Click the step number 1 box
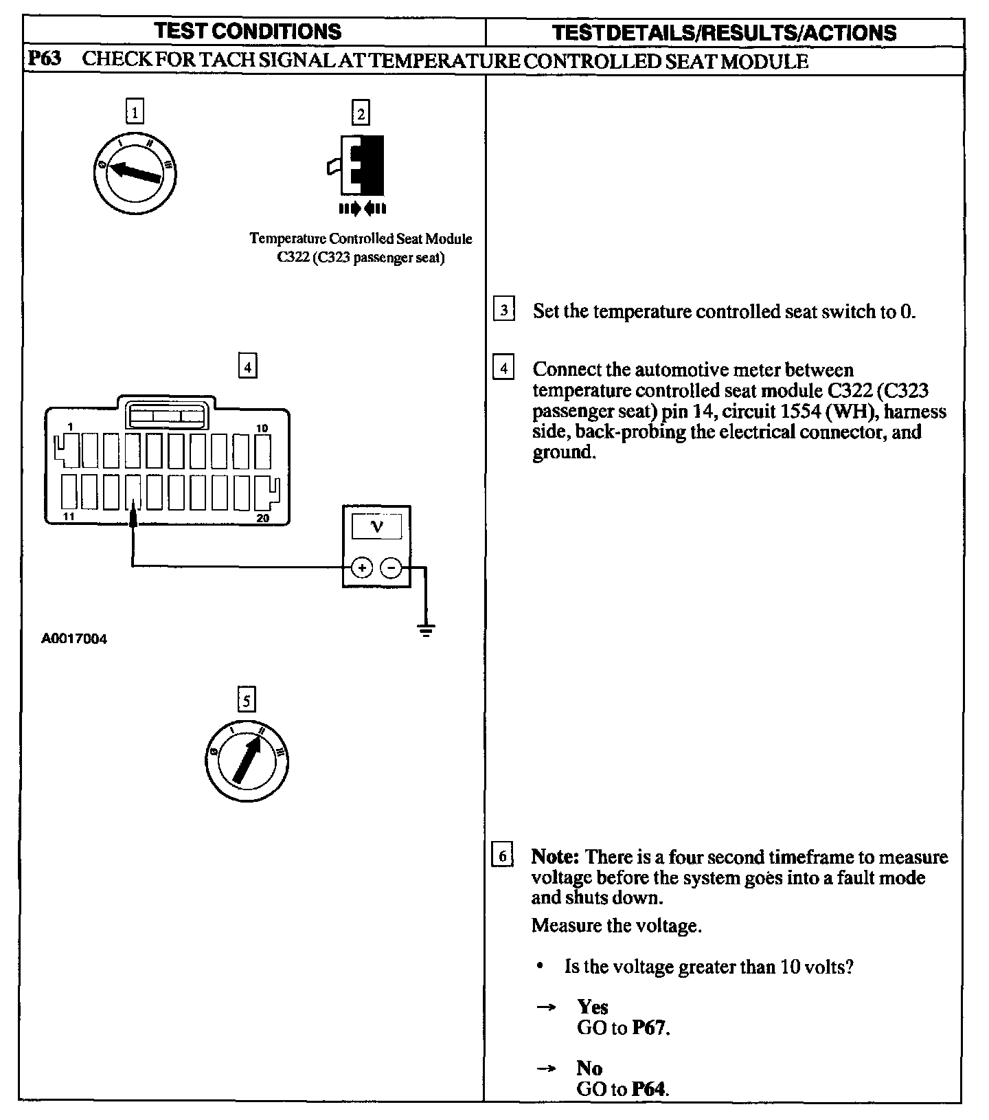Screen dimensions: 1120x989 [135, 111]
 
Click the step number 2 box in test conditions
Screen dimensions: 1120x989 [361, 112]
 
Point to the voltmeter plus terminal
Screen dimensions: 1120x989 [362, 568]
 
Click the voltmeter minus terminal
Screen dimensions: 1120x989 [391, 568]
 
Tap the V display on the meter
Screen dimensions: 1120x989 [376, 527]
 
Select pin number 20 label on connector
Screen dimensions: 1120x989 [263, 517]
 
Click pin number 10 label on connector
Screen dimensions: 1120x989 [262, 428]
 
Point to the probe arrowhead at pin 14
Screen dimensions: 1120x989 [133, 516]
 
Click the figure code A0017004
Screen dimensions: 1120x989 [74, 639]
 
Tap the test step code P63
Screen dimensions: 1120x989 [44, 60]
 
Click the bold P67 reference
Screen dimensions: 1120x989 [649, 1028]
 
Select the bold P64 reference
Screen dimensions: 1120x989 [649, 1088]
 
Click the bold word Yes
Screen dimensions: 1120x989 [593, 1007]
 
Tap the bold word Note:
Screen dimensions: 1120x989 [556, 857]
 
